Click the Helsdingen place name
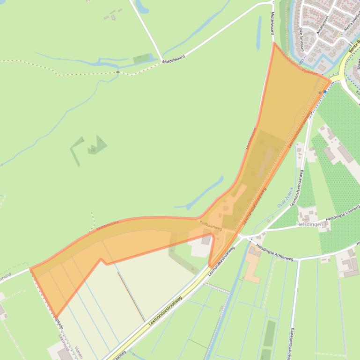point(310,225)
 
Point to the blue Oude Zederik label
point(285,198)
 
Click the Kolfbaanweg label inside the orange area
point(211,226)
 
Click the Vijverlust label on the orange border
point(310,72)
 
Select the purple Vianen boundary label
point(78,349)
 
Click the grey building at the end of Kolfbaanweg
point(206,240)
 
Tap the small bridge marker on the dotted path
point(118,72)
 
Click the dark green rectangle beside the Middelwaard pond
point(142,59)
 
